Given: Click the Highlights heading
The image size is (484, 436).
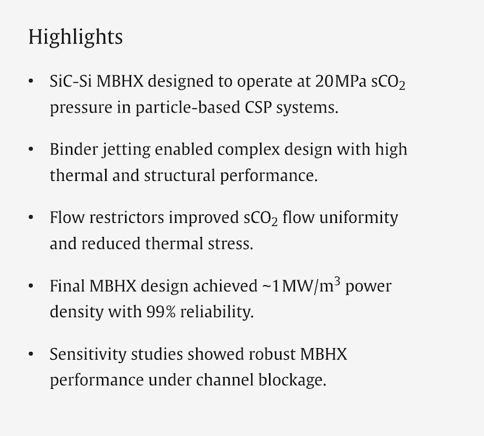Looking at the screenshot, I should click(75, 37).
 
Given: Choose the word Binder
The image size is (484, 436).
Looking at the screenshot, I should click(74, 149).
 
